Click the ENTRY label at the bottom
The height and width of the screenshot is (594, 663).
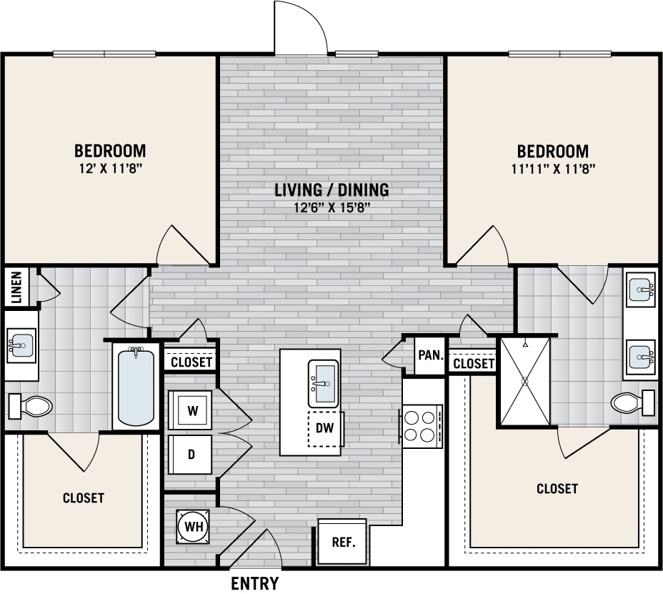254,583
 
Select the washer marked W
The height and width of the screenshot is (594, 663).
191,410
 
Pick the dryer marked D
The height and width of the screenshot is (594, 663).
191,454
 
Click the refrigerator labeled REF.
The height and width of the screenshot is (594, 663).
342,541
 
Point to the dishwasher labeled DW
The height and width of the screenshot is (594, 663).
326,430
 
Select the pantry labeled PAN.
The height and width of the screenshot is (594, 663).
431,354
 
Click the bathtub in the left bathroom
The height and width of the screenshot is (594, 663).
136,386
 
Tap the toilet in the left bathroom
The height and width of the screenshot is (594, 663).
31,407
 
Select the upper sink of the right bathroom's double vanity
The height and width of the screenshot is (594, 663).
641,290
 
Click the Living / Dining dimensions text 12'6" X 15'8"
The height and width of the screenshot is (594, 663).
331,209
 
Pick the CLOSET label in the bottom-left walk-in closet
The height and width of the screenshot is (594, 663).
84,498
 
